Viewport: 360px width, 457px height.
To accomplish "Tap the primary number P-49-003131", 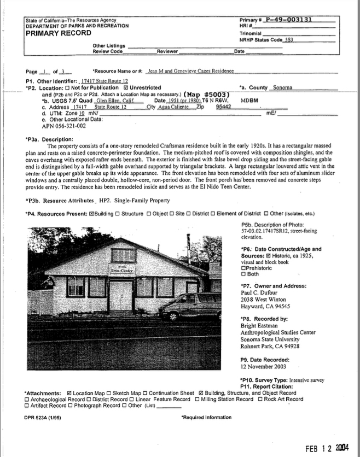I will pyautogui.click(x=288, y=20).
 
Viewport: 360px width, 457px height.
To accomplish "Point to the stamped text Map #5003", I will pyautogui.click(x=206, y=93).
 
